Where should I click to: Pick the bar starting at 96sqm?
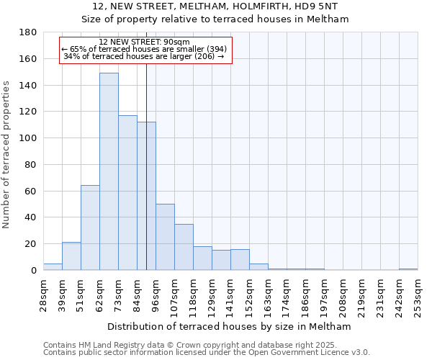[x=165, y=237]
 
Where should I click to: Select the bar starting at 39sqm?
[x=71, y=256]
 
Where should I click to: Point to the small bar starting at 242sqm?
[x=408, y=269]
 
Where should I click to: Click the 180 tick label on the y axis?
[x=28, y=32]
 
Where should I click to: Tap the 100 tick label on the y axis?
[x=28, y=138]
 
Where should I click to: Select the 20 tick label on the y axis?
[x=31, y=244]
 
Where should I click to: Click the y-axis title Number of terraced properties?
[x=7, y=154]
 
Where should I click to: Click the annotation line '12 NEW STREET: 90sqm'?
[x=145, y=42]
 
